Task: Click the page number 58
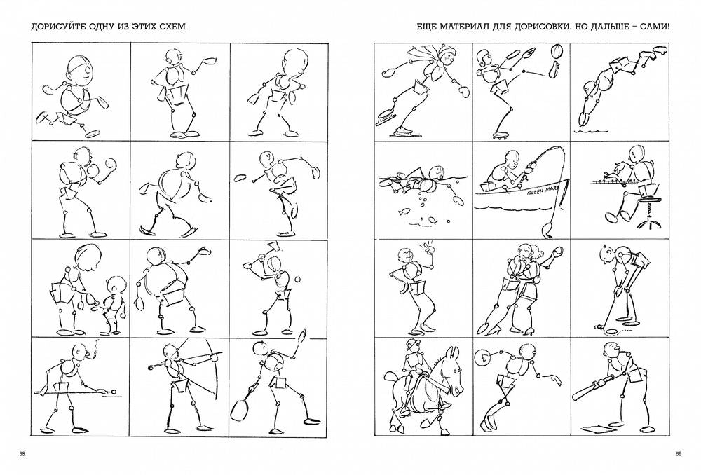click(22, 455)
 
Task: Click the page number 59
click(679, 455)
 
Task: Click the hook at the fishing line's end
click(545, 230)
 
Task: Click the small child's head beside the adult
click(116, 285)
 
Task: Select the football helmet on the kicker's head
click(483, 56)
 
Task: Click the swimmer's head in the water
click(437, 172)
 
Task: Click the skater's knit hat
click(445, 51)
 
